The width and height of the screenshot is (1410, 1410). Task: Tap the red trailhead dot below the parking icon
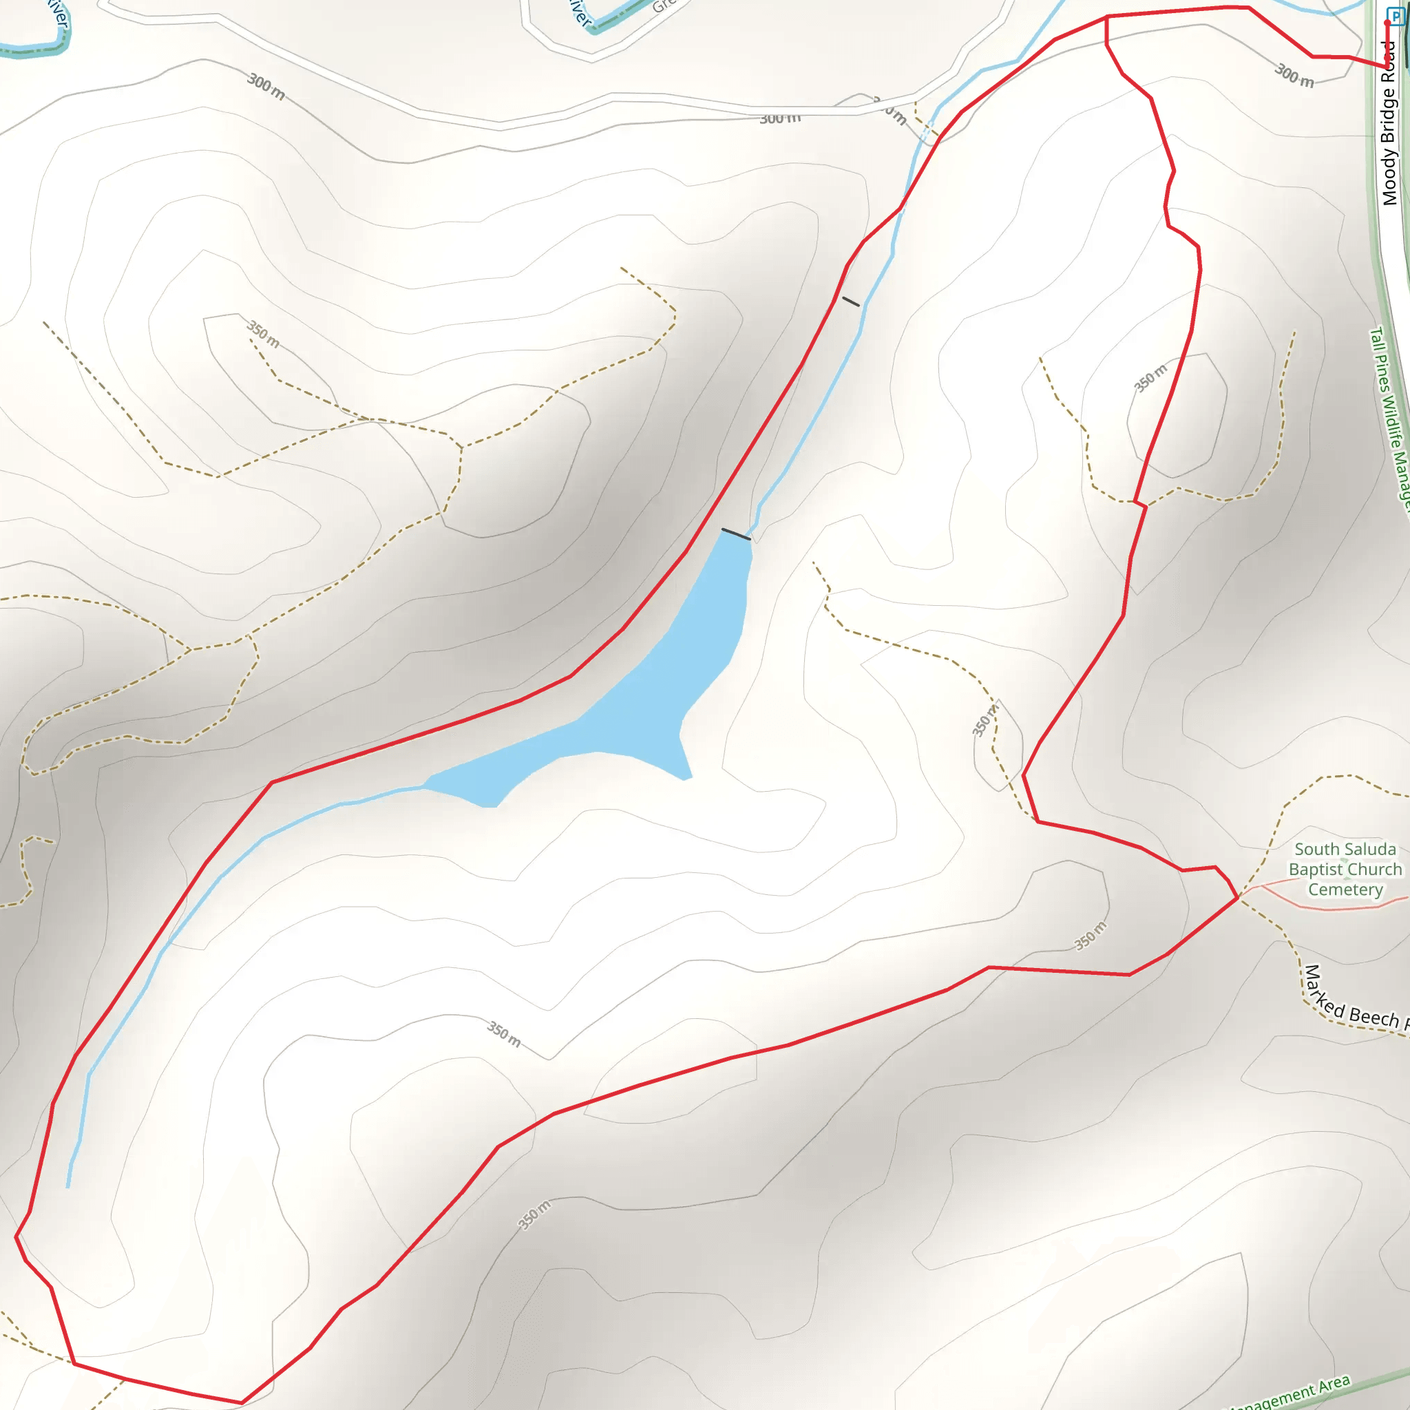(x=1387, y=23)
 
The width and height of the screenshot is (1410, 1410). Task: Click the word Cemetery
(x=1345, y=889)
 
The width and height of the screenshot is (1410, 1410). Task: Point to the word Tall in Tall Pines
(x=1376, y=339)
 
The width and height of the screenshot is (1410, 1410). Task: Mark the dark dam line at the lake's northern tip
(x=736, y=534)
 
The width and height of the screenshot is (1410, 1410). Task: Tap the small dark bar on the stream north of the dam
(x=851, y=302)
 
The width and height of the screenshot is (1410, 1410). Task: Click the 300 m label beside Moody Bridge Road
(x=1294, y=75)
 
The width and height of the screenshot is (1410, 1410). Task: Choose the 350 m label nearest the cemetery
(x=1091, y=936)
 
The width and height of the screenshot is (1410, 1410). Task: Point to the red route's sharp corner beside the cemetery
(x=1239, y=898)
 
